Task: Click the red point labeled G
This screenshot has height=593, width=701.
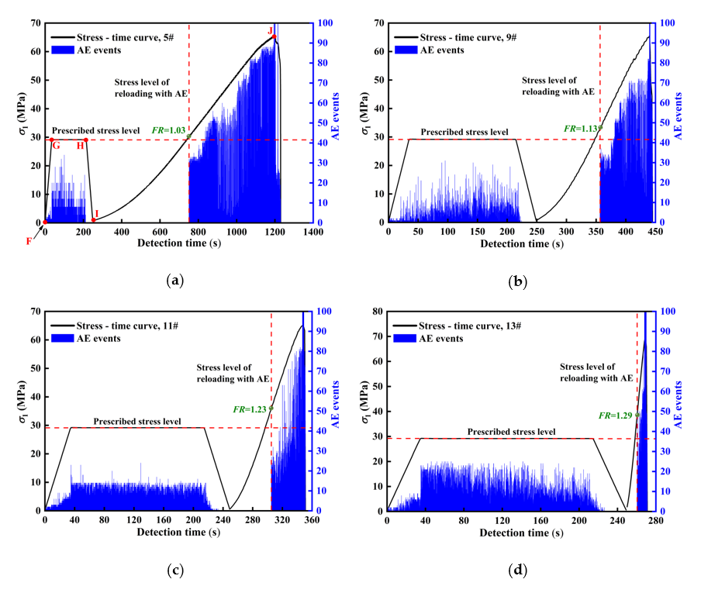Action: tap(52, 140)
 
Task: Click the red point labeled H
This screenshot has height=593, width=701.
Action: tap(86, 140)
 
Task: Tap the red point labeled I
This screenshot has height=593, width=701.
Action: tap(93, 219)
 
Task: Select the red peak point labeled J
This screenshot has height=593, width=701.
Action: tap(274, 36)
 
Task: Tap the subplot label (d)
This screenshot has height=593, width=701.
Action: tap(516, 571)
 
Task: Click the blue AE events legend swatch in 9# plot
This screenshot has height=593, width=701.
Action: tap(406, 50)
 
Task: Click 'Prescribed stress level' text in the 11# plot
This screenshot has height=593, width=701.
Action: tap(137, 422)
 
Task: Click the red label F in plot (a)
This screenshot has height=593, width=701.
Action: tap(29, 241)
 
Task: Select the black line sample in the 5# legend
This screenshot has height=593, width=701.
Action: tap(64, 36)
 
